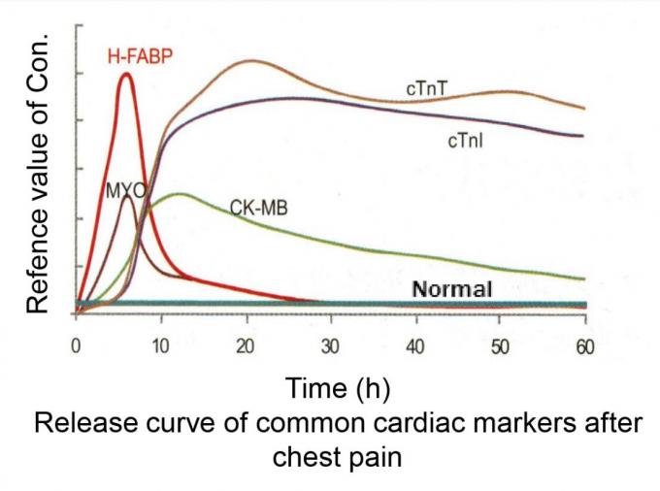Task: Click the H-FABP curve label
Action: tap(139, 57)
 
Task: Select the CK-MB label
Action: tap(258, 207)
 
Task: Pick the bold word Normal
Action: tap(452, 288)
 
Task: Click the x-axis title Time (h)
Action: tap(338, 389)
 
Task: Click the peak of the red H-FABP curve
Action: tap(126, 75)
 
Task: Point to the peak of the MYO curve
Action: tap(127, 197)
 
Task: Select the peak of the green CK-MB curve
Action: tap(178, 194)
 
